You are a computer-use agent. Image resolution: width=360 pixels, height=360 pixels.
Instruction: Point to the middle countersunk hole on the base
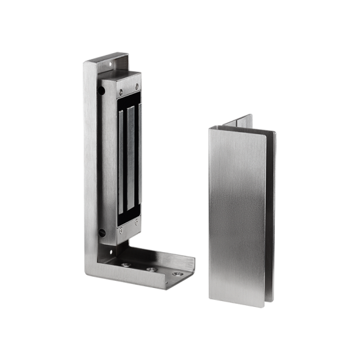[x=152, y=268]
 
